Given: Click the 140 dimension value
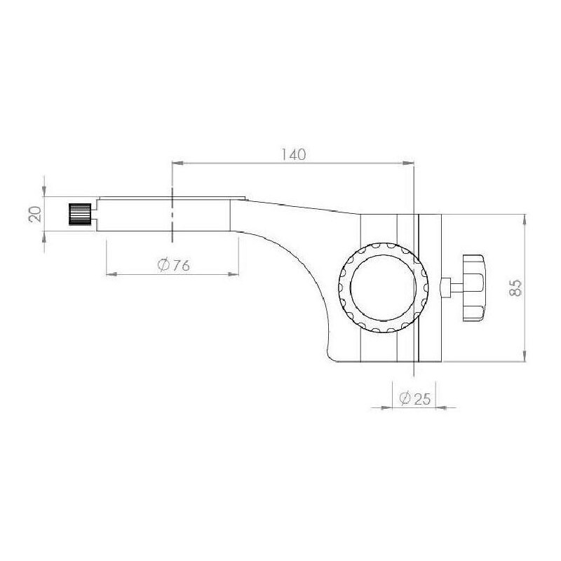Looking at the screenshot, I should pos(292,154).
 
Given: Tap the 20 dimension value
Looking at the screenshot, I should pos(34,214).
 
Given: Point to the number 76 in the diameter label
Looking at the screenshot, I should pos(181,264).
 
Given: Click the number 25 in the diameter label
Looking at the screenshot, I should pos(421,398).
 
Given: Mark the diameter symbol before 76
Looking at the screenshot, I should pos(163,264).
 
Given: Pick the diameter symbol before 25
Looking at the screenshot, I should pos(405,398).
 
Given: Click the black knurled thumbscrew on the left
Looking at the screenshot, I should pos(80,214).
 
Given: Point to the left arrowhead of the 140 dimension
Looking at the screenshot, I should pos(177,163).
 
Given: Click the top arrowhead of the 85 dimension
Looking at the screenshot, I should pos(525,218).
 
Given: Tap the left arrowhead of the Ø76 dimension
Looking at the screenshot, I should pos(110,272).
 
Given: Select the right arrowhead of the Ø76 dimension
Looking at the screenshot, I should pos(234,272).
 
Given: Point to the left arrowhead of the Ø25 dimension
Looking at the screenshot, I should pos(386,407).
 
